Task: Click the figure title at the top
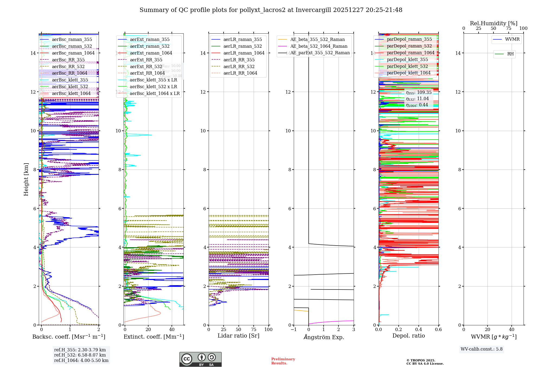(x=271, y=10)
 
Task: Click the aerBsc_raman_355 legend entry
(x=72, y=40)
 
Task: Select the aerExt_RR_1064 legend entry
(x=147, y=73)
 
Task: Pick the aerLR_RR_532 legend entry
(x=239, y=66)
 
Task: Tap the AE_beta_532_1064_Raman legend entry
(x=319, y=46)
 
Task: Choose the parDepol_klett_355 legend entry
(x=407, y=60)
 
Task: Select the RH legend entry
(x=510, y=54)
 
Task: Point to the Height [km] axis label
(x=26, y=179)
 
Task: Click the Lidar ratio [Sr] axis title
(x=238, y=336)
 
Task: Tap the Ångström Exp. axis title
(x=324, y=337)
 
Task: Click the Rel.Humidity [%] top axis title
(x=493, y=23)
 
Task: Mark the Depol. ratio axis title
(x=409, y=336)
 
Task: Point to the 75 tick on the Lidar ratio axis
(x=254, y=330)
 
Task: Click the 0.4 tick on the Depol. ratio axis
(x=418, y=330)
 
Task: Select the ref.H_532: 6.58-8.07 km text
(x=80, y=355)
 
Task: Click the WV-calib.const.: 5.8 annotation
(x=482, y=349)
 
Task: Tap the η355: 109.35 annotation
(x=419, y=93)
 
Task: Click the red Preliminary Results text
(x=283, y=361)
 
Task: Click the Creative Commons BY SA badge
(x=200, y=360)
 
